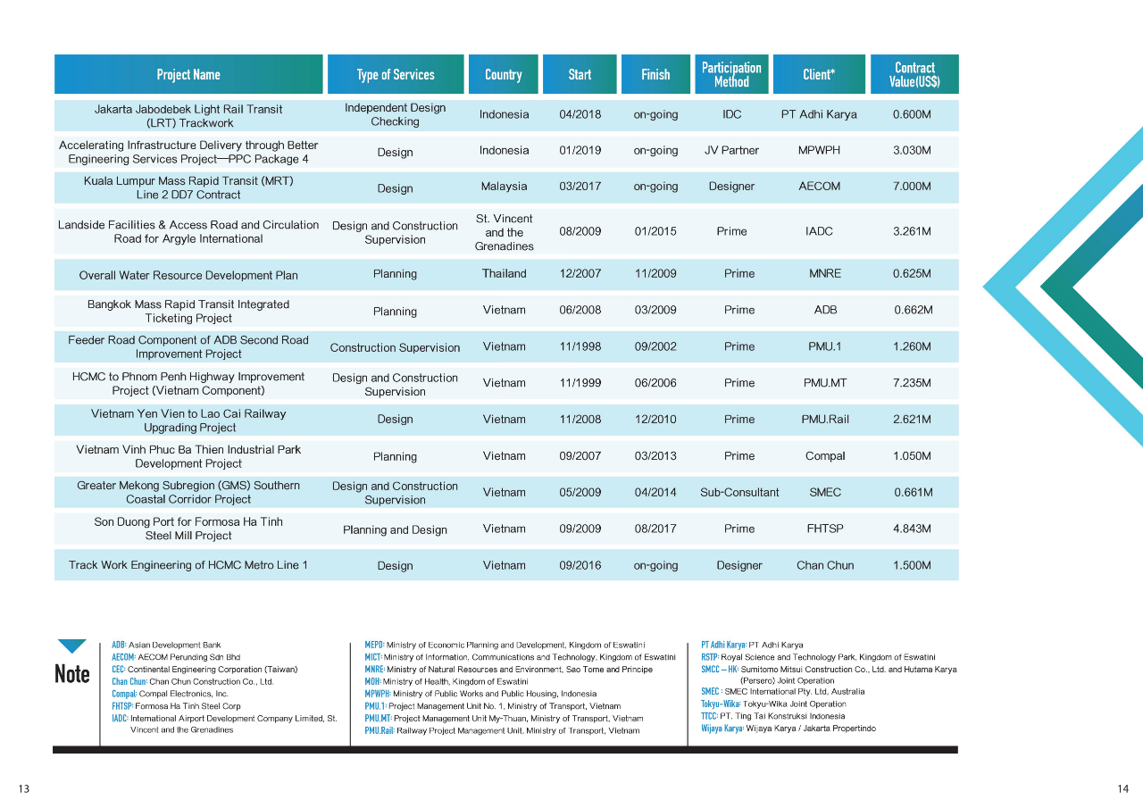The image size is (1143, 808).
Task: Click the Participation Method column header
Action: [731, 74]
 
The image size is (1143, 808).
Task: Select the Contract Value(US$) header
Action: [914, 74]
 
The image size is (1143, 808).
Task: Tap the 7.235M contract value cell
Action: [912, 383]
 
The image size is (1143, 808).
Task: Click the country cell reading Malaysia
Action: [504, 187]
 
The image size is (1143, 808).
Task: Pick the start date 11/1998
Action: [580, 346]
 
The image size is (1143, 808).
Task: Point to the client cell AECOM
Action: [819, 187]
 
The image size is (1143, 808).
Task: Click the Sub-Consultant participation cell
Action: [739, 492]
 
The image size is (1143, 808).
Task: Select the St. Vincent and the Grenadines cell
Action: [504, 232]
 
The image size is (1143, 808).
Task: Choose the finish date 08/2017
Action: [655, 529]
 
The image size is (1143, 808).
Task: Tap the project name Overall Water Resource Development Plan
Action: [188, 275]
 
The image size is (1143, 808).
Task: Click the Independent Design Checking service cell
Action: [395, 114]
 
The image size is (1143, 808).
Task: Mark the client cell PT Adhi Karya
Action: [819, 114]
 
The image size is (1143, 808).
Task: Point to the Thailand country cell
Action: [504, 274]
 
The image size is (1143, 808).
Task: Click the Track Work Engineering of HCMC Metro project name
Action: [188, 565]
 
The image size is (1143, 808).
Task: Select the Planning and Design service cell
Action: [395, 529]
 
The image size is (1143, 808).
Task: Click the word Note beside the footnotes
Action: [72, 674]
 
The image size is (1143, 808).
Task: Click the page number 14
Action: [1122, 788]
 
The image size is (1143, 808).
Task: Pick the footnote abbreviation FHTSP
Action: [122, 705]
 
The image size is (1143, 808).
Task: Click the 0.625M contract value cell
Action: [912, 274]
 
